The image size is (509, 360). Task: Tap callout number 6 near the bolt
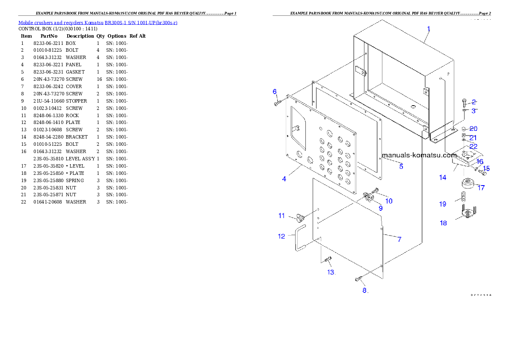click(x=275, y=91)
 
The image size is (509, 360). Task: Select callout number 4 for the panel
click(x=284, y=179)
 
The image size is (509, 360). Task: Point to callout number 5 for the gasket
click(x=401, y=166)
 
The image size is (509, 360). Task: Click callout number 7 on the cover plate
click(x=400, y=239)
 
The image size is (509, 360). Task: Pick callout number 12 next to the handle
click(x=281, y=236)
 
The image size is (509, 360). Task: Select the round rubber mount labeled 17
click(x=468, y=185)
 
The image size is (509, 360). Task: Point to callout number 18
click(x=444, y=223)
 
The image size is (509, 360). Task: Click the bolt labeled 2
click(x=465, y=103)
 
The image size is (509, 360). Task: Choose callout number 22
click(x=473, y=146)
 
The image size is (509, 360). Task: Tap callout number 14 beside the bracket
click(x=442, y=177)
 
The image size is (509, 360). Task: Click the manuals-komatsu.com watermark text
click(x=420, y=155)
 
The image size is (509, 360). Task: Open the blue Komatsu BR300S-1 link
click(x=98, y=22)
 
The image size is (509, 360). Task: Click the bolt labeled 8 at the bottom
click(x=358, y=279)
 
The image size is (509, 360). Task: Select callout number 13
click(x=331, y=272)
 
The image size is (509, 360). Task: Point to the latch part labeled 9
click(x=367, y=197)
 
